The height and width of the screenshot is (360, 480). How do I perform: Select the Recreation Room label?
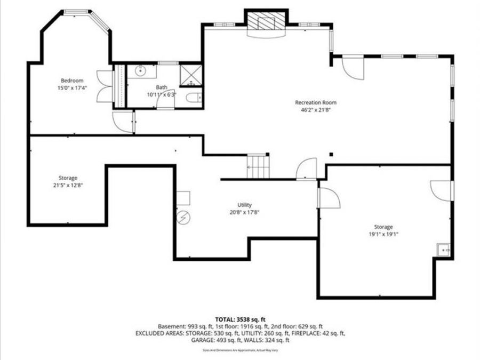point(316,102)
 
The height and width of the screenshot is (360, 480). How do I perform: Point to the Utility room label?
point(244,205)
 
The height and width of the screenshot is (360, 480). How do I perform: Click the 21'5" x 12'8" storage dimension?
point(68,185)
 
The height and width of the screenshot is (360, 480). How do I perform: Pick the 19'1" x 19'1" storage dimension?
point(383,234)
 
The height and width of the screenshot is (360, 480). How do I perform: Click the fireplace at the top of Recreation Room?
point(265,23)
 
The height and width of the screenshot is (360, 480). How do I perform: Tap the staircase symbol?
point(257,166)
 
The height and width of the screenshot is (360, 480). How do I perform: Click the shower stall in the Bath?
point(190,74)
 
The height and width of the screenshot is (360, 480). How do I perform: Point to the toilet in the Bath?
point(195,97)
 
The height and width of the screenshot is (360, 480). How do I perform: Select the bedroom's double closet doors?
point(103,86)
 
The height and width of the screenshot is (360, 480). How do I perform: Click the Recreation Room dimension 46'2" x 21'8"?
point(316,110)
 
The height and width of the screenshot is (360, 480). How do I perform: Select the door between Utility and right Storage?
point(327,198)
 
